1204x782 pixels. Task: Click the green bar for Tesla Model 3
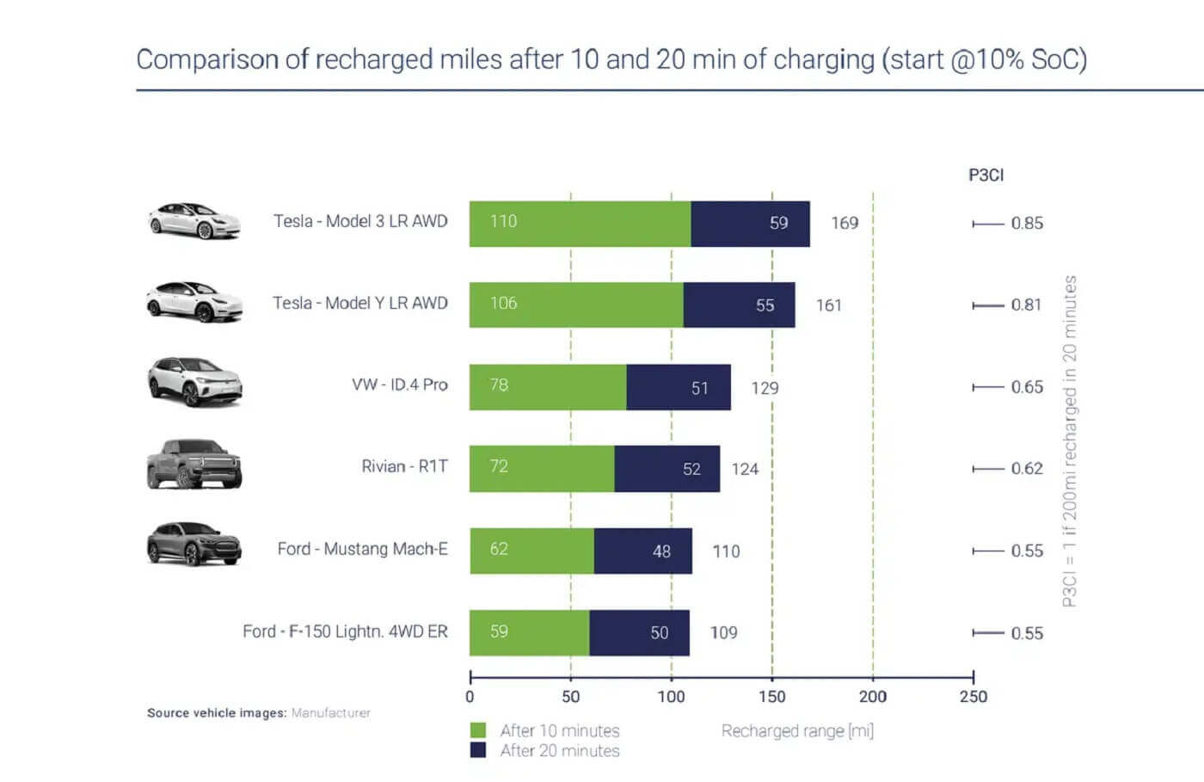point(580,224)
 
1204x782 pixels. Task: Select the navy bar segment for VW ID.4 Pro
point(679,387)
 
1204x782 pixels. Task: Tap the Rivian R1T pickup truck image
point(194,465)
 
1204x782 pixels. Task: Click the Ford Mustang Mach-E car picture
point(194,545)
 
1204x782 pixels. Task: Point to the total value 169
point(845,223)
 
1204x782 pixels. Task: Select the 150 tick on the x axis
point(771,696)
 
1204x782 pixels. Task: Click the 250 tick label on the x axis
point(973,696)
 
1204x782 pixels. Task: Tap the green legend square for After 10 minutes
point(478,730)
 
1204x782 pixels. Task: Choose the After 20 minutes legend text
point(559,751)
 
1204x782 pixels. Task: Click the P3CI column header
point(986,175)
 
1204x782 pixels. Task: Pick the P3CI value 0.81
point(1026,305)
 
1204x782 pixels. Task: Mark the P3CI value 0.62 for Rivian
point(1026,469)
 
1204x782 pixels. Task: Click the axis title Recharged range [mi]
point(797,730)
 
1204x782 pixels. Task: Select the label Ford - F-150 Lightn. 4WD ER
point(345,631)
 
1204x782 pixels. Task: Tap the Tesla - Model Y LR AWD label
point(360,303)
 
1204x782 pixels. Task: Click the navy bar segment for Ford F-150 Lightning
point(639,632)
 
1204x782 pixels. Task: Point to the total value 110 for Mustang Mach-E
point(726,551)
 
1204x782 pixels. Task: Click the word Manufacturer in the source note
point(331,712)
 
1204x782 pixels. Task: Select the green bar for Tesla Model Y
point(576,305)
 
